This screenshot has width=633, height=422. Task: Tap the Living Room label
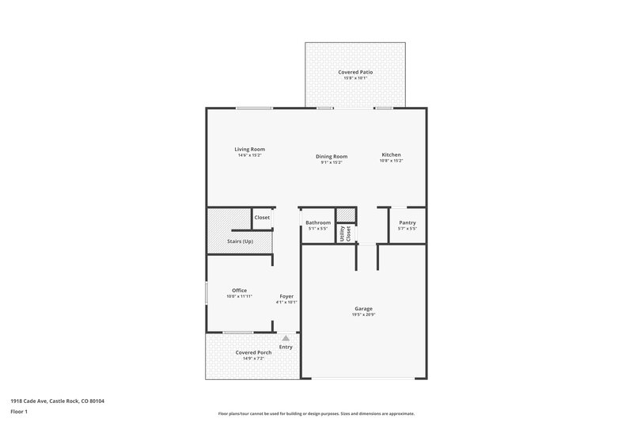tap(249, 149)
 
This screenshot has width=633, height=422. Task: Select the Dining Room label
tap(332, 156)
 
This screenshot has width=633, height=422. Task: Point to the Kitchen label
tap(392, 154)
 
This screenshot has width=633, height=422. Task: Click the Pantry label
tap(407, 222)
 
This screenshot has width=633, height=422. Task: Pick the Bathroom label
tap(318, 222)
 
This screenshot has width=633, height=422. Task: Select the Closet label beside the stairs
tap(262, 217)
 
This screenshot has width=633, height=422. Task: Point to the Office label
tap(239, 291)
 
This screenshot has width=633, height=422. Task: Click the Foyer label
tap(286, 296)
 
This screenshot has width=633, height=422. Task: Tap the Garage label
tap(364, 309)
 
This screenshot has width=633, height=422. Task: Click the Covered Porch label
tap(253, 352)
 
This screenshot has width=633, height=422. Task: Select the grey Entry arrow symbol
tap(286, 337)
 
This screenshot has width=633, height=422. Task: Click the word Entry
tap(286, 347)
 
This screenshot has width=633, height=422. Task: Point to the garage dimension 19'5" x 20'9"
tap(364, 315)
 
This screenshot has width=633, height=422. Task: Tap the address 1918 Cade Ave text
tap(57, 401)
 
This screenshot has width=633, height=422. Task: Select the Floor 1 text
tap(20, 412)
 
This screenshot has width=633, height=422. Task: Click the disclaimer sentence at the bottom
tap(316, 413)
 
